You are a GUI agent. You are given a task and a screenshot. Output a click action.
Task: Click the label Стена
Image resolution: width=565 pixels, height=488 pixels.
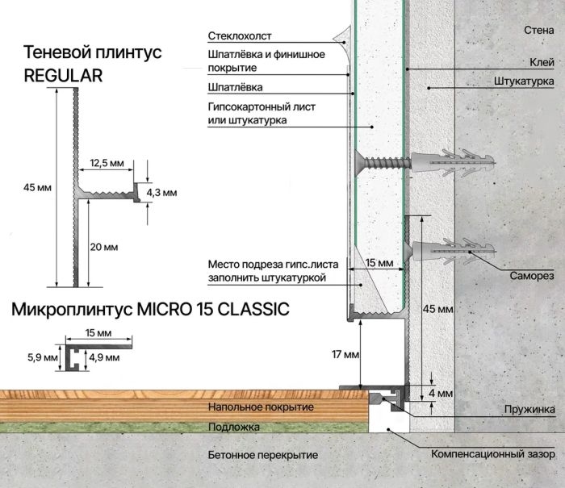538,30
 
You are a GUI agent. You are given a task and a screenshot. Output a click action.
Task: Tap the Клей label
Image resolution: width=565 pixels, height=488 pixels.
542,62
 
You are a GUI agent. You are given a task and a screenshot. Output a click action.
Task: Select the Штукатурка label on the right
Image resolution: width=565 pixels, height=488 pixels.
524,81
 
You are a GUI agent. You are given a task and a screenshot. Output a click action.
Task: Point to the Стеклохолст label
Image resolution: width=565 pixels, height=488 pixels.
240,36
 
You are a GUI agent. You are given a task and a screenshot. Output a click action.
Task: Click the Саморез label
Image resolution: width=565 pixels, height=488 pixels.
532,276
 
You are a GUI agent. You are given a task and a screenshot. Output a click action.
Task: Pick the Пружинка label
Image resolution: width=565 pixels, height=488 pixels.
529,410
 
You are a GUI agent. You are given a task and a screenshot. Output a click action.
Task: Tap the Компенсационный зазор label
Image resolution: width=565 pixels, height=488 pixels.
493,454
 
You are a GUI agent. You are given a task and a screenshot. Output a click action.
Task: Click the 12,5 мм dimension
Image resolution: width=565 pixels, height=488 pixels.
107,163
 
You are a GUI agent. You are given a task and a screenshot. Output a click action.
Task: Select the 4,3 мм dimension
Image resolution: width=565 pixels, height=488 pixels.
161,193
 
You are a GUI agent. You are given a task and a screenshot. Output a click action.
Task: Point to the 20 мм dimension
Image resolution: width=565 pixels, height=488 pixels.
104,247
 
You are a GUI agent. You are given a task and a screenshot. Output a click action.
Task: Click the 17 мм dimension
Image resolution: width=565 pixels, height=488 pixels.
345,355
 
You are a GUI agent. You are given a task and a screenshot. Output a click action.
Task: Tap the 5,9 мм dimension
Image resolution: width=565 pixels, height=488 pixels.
43,357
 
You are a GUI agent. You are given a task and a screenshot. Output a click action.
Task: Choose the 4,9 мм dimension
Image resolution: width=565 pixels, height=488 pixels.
104,357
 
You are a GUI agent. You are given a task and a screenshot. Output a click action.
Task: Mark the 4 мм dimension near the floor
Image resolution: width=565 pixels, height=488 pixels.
441,394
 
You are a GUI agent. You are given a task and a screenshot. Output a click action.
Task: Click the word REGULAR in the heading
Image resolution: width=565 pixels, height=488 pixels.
63,76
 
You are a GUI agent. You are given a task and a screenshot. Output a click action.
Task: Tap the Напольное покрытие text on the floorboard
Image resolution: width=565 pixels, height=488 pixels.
261,407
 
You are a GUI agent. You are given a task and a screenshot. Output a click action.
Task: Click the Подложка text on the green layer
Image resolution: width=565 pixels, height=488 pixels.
234,428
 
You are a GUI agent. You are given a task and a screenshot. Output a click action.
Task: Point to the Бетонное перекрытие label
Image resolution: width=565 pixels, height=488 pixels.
263,455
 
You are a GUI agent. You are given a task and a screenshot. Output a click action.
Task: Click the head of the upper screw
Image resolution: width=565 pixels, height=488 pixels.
358,163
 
